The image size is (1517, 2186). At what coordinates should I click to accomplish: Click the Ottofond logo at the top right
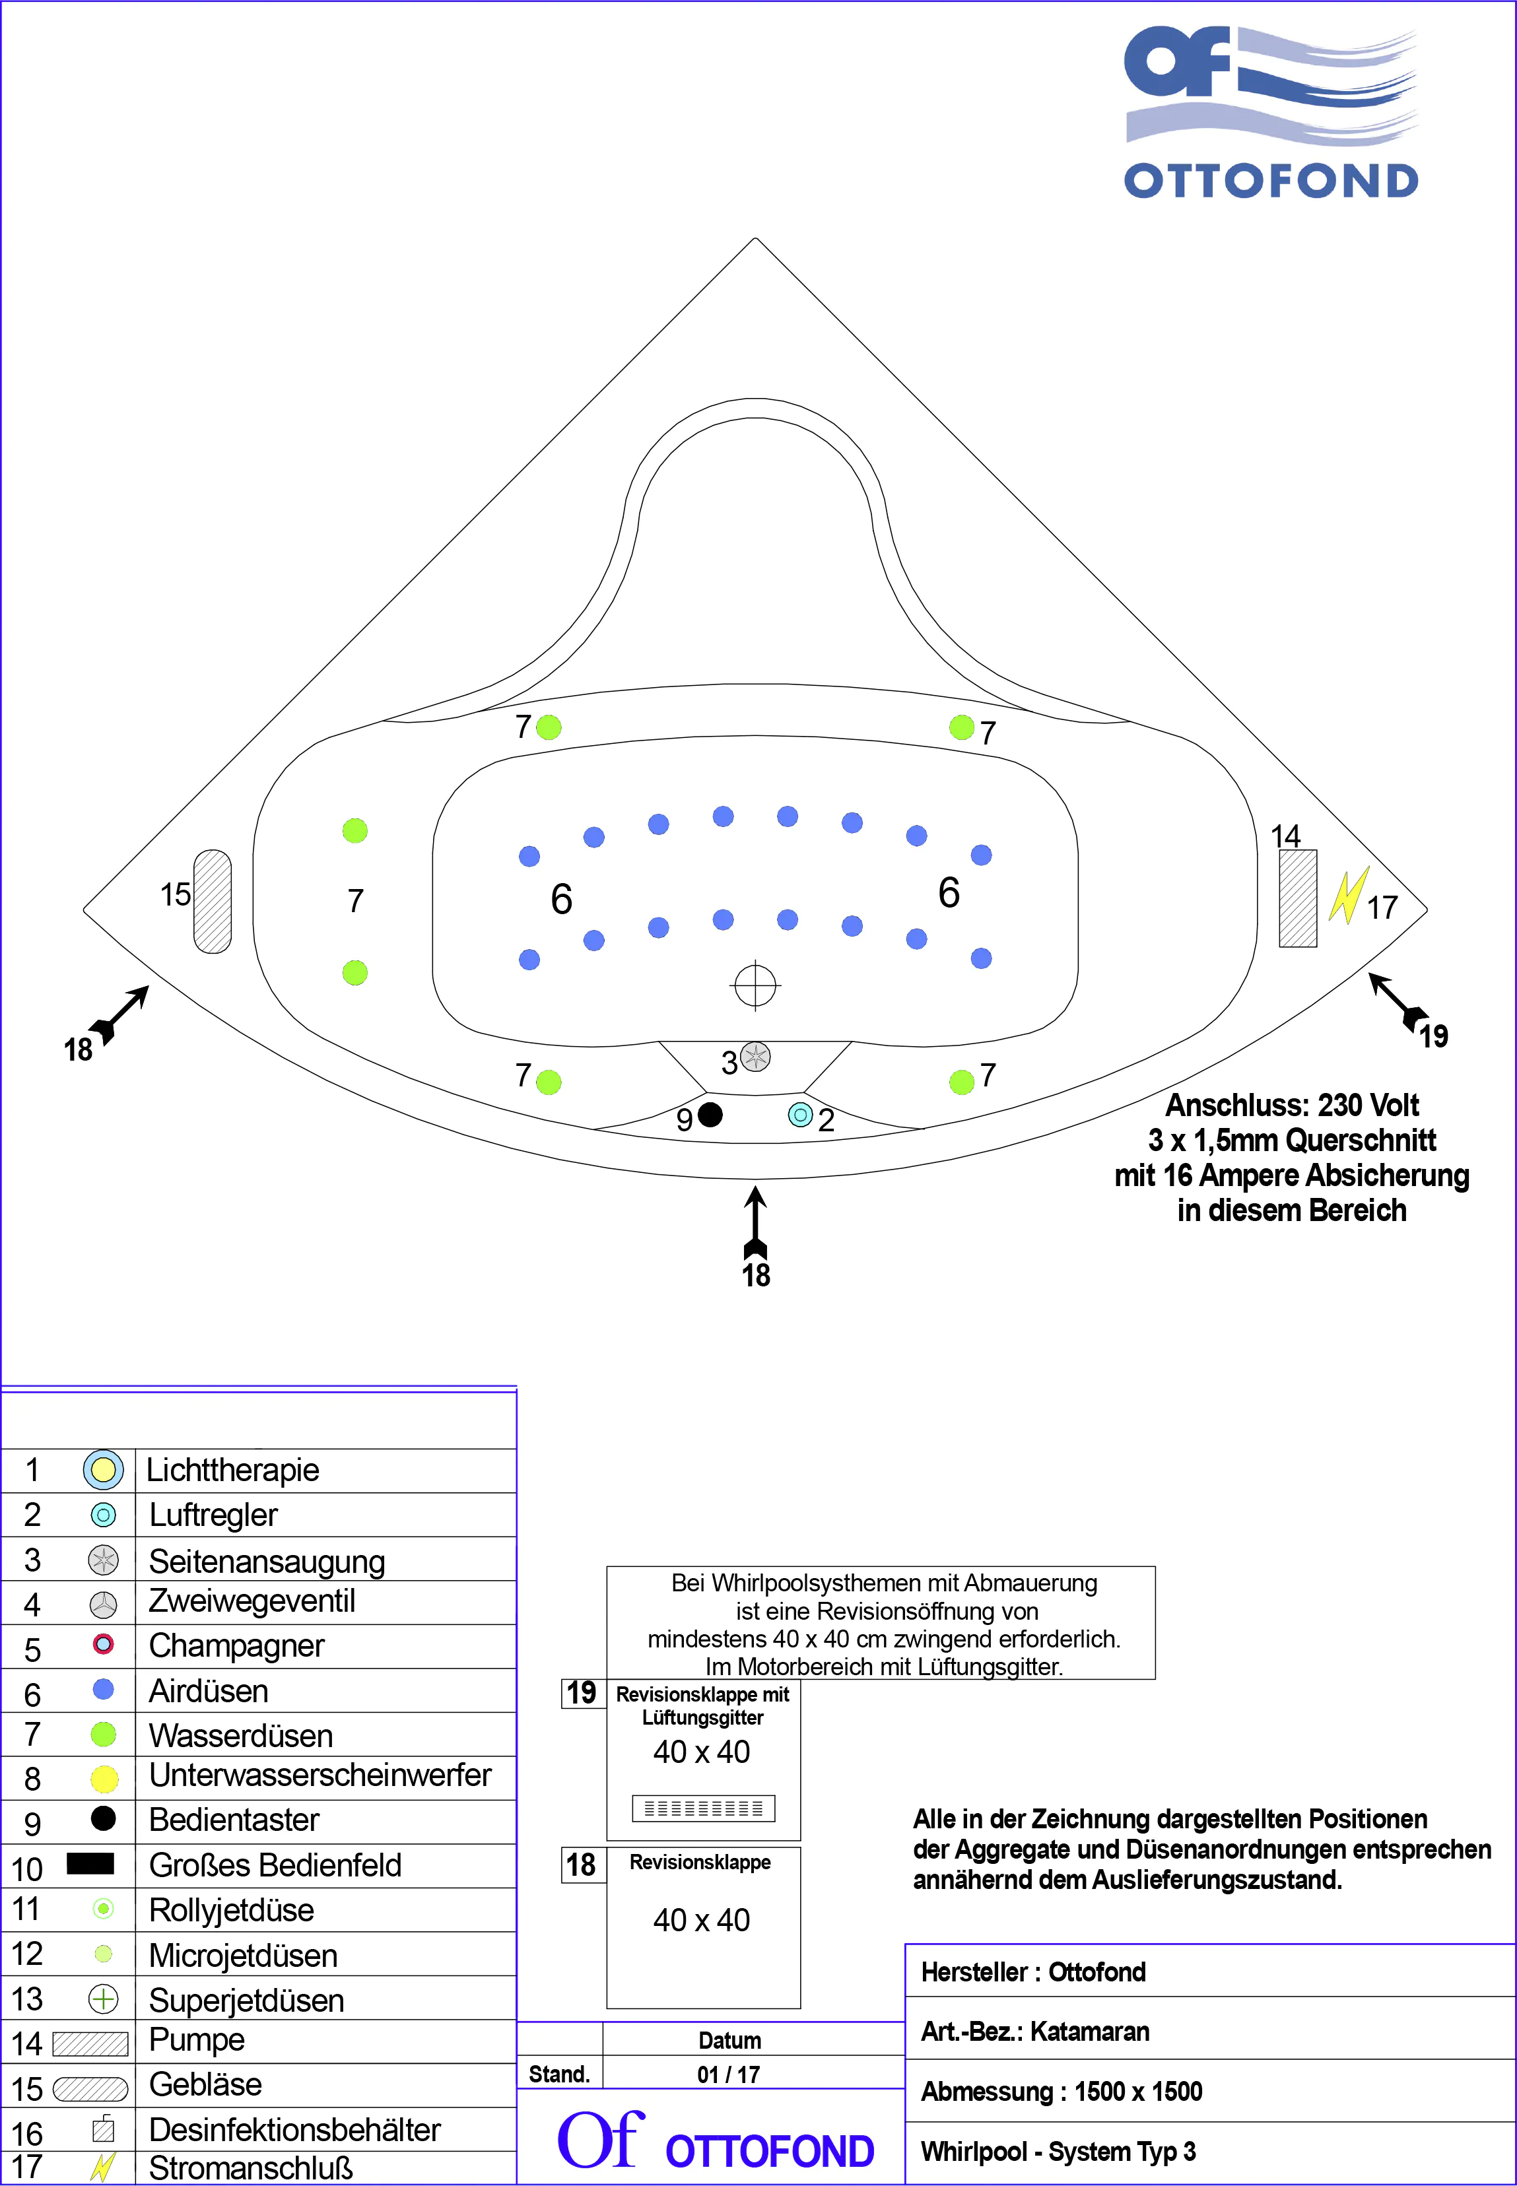1271,112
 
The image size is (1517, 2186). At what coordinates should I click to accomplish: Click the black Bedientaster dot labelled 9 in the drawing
710,1114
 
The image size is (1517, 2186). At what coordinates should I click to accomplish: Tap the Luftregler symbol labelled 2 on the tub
800,1114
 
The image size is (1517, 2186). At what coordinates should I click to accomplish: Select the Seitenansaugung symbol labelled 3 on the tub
756,1056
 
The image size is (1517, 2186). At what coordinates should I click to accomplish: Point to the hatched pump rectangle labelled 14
1297,898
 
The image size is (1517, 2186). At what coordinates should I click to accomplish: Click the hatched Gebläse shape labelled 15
212,901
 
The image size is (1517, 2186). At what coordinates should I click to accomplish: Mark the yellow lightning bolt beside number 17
1348,894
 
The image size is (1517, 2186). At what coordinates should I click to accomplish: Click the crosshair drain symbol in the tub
756,985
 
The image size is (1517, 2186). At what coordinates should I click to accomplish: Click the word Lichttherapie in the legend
233,1469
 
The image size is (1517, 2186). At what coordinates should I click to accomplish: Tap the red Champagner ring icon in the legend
104,1643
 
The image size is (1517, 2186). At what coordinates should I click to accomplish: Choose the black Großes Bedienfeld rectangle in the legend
90,1863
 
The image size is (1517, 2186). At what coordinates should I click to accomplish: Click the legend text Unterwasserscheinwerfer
320,1774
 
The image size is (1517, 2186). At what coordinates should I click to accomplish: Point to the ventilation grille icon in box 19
703,1808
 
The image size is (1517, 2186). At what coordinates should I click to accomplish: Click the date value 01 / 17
729,2074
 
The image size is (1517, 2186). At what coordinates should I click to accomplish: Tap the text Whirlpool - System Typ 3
1058,2151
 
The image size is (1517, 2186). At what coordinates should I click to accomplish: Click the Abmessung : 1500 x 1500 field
1062,2091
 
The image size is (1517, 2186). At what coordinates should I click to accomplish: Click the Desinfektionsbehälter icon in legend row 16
104,2129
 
